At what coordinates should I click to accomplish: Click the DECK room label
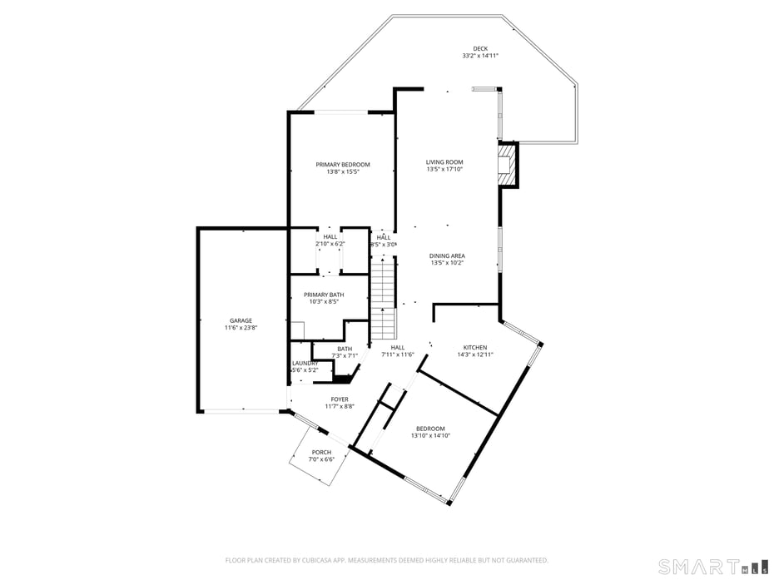[480, 49]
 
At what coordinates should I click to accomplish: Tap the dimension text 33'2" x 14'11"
[480, 56]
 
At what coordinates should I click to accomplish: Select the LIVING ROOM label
[444, 162]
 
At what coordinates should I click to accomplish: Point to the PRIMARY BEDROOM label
[343, 165]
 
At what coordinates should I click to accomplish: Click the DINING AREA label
[447, 256]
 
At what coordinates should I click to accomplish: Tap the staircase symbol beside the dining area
[381, 295]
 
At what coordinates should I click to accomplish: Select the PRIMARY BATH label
[324, 295]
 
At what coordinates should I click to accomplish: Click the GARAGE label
[241, 320]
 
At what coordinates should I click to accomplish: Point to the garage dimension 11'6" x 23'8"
[241, 328]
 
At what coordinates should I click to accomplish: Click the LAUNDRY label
[305, 363]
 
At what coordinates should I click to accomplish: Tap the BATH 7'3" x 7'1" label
[345, 352]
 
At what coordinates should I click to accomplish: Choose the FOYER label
[340, 399]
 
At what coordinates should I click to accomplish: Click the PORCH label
[321, 453]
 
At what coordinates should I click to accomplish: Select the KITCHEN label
[475, 347]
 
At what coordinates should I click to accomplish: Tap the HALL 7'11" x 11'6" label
[398, 350]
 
